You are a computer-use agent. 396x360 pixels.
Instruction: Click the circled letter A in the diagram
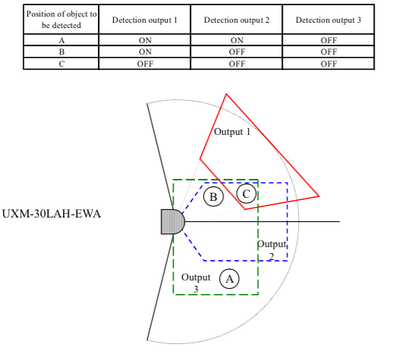[229, 279]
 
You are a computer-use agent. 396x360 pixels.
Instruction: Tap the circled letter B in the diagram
[213, 196]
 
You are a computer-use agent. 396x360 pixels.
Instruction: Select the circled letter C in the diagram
[247, 193]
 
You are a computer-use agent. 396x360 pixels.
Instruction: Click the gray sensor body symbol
[173, 222]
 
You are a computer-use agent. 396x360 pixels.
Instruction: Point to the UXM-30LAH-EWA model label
[52, 214]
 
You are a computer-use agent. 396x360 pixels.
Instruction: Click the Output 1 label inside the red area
[232, 132]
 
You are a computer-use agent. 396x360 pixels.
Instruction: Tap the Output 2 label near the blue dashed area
[272, 250]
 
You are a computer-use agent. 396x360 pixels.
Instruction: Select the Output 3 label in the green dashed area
[196, 283]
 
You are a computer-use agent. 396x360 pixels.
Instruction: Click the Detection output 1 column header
[145, 20]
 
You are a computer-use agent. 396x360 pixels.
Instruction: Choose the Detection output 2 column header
[237, 20]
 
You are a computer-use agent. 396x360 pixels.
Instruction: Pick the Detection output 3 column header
[328, 20]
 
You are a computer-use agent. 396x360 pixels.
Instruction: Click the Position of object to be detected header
[61, 20]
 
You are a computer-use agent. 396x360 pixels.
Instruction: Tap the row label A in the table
[61, 40]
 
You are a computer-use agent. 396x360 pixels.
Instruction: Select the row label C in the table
[61, 64]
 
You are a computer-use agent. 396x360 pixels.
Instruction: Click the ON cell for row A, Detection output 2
[237, 40]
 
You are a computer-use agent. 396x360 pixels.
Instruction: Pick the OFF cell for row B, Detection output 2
[237, 52]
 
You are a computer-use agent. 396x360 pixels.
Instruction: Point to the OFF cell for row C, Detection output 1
[145, 64]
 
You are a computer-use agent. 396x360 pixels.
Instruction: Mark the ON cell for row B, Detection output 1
[145, 52]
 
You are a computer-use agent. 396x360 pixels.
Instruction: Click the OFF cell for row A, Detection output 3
[328, 40]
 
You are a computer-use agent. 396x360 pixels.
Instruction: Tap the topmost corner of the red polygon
[226, 94]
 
